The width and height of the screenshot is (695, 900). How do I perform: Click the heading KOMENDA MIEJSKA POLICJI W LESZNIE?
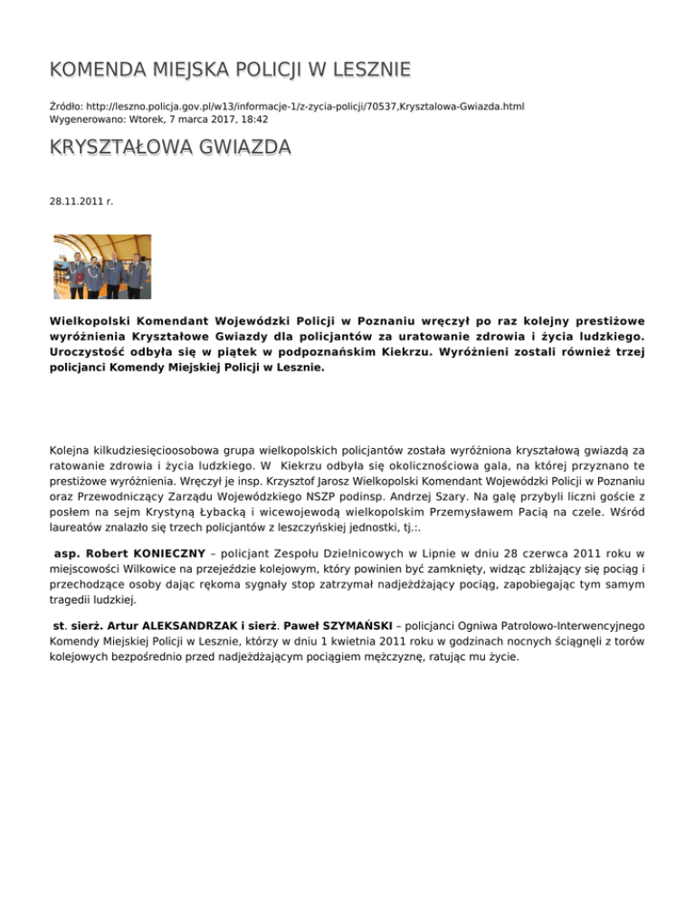[x=230, y=70]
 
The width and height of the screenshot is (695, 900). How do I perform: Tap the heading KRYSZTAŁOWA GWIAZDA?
[x=170, y=147]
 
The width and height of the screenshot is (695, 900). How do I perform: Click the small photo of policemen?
[x=102, y=267]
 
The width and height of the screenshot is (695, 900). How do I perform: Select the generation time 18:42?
[x=253, y=119]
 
